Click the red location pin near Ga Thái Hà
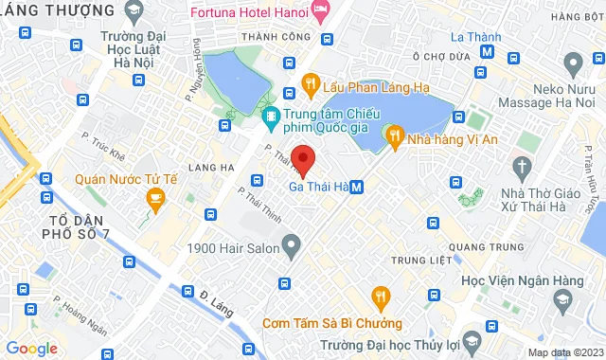(x=303, y=158)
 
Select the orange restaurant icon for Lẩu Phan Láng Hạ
(x=309, y=86)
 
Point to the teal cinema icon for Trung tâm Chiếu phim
(x=272, y=117)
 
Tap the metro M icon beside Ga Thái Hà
(x=356, y=188)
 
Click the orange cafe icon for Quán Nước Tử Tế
(x=154, y=198)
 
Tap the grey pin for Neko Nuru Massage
(x=572, y=64)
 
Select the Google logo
(x=31, y=348)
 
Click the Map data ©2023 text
(x=564, y=353)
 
